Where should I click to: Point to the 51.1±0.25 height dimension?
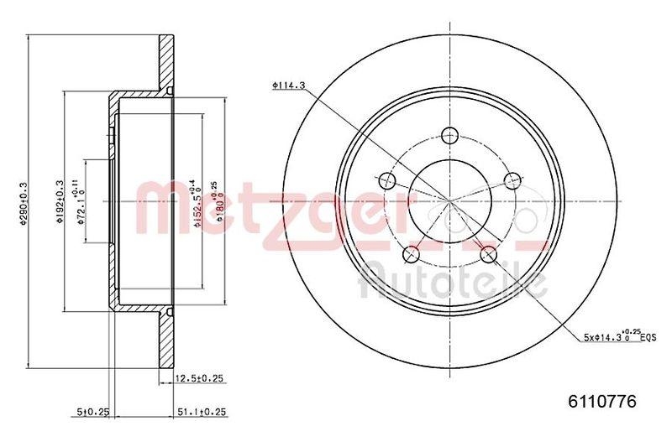click(x=202, y=412)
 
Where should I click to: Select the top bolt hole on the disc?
click(x=449, y=133)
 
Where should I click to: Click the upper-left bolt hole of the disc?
click(x=387, y=179)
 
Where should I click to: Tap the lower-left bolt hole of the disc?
click(x=411, y=253)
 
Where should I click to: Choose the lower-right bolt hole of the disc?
click(x=488, y=253)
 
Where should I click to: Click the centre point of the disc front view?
click(x=449, y=201)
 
